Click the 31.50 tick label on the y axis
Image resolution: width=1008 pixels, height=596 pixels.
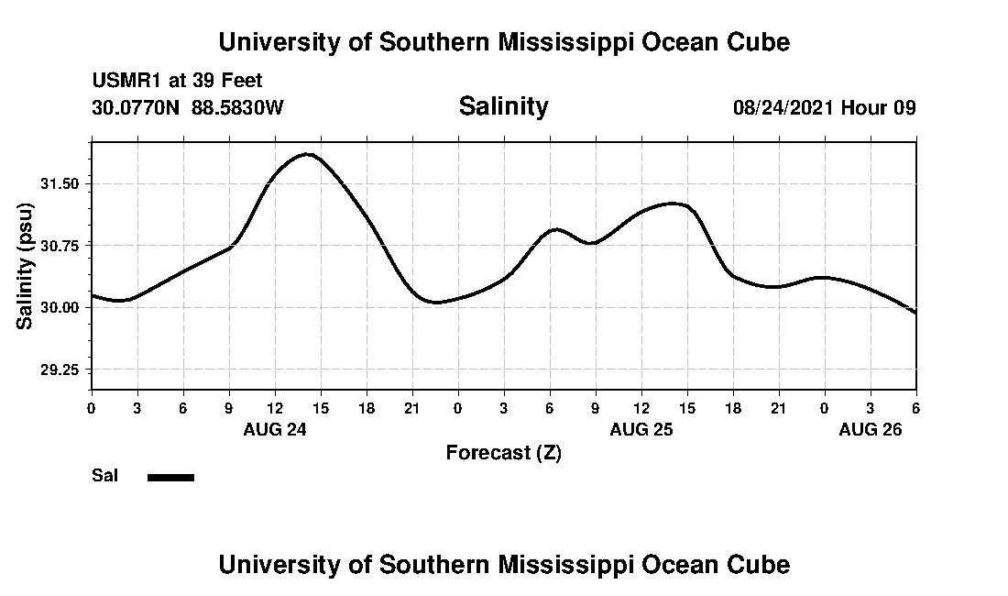tap(60, 183)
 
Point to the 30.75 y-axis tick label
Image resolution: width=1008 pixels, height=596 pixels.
tap(60, 246)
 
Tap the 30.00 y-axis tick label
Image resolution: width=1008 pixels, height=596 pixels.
tap(60, 307)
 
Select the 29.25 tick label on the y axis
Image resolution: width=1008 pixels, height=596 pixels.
tap(60, 370)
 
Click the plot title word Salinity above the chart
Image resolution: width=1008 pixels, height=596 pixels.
tap(503, 106)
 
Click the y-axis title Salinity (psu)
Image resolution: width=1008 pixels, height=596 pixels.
tap(26, 266)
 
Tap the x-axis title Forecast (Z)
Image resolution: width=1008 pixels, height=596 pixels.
tap(503, 452)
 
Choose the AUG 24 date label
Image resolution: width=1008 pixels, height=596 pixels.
tap(275, 429)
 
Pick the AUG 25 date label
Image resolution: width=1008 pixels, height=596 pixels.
tap(641, 429)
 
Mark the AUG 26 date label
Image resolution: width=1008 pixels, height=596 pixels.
tap(871, 429)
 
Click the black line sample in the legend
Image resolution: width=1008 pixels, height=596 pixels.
tap(170, 477)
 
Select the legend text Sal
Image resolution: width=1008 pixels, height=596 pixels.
tap(104, 476)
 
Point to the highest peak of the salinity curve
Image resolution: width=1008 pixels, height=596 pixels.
tap(308, 154)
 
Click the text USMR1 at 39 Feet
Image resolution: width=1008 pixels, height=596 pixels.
tap(177, 82)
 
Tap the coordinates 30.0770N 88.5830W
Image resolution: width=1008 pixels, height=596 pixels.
tap(188, 107)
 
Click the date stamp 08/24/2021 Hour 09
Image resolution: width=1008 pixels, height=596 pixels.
tap(824, 107)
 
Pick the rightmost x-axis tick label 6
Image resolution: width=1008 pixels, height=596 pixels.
tap(915, 407)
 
